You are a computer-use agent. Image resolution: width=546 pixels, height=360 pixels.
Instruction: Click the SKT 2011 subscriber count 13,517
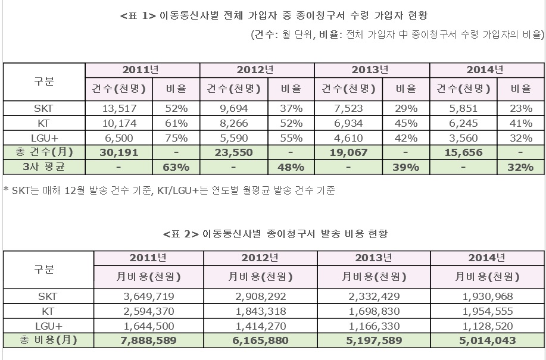119,109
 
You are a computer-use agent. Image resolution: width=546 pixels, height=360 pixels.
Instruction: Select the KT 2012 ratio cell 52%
291,124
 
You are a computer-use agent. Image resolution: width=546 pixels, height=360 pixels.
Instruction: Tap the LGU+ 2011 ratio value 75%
176,138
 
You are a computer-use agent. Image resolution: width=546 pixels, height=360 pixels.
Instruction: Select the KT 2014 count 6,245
464,124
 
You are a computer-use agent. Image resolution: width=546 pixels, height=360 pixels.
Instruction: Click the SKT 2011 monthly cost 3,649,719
147,296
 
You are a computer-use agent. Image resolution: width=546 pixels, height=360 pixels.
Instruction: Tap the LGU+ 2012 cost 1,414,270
260,325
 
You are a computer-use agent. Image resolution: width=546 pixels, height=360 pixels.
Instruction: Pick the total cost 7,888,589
147,341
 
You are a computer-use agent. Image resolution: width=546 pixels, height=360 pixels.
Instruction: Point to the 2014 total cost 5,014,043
487,341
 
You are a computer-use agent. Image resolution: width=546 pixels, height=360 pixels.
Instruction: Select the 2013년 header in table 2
374,259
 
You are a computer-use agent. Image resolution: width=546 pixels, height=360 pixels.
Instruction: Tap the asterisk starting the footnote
5,191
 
